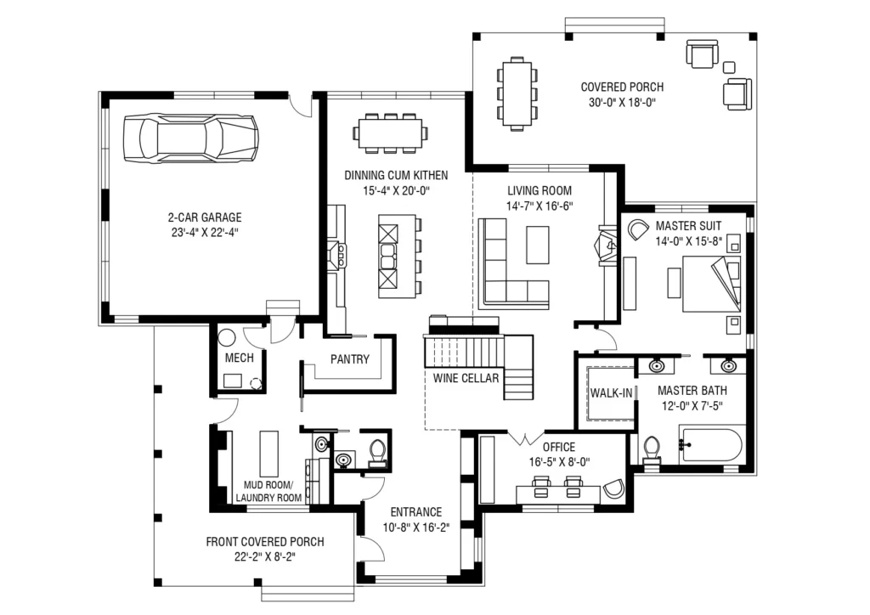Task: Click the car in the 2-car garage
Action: point(191,138)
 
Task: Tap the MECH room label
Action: point(239,358)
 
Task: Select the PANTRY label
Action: point(349,359)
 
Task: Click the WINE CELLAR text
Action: point(466,378)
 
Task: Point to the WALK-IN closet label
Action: point(611,393)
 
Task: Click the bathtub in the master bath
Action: point(711,445)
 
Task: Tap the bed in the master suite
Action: point(711,284)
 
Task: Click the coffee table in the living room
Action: point(538,245)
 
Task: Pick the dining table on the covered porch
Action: point(517,93)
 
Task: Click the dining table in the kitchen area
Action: point(390,133)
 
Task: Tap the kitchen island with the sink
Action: point(397,257)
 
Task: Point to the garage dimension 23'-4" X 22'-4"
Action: point(205,233)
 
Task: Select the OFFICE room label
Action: point(559,447)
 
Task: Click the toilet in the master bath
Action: point(652,450)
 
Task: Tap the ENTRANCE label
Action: point(416,512)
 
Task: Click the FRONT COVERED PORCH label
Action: point(265,542)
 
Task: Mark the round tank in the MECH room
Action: point(226,337)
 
